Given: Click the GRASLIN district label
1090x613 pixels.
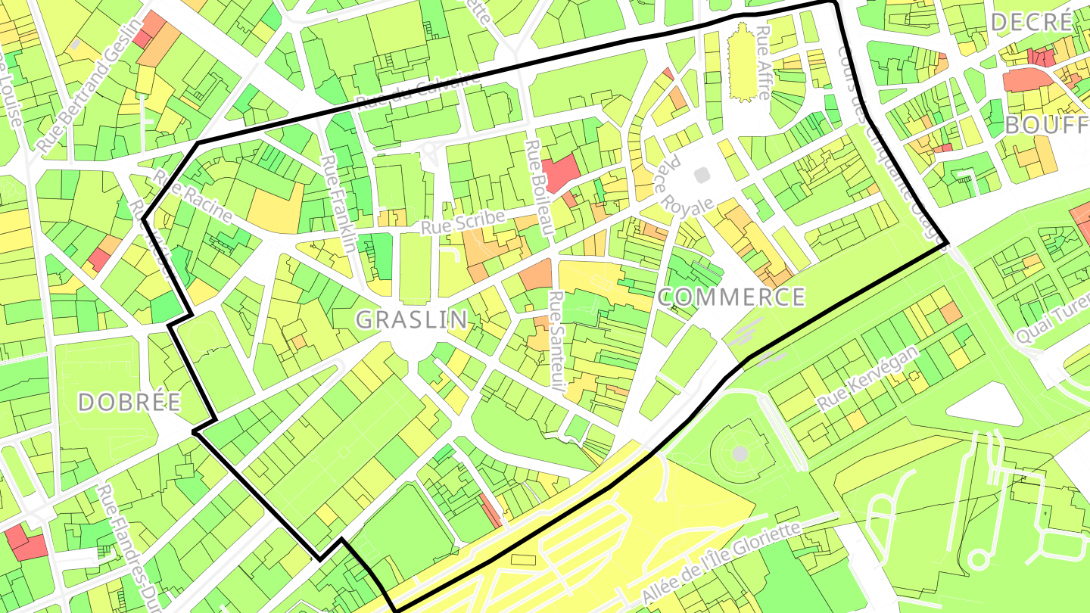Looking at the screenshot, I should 412,319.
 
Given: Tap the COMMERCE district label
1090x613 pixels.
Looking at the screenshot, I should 731,297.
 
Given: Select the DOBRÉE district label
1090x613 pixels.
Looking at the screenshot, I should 129,402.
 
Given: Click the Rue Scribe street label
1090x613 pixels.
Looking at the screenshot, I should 462,222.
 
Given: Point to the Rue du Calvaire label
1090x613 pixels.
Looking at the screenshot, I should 418,92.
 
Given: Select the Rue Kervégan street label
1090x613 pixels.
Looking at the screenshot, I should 867,378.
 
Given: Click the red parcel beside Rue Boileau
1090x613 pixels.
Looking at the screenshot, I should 560,173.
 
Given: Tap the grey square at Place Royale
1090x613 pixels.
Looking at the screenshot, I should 702,175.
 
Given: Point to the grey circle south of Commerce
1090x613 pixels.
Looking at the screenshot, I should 740,453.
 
